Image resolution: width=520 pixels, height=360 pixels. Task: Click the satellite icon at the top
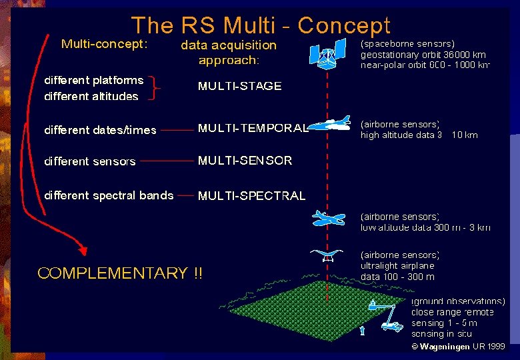[x=328, y=53]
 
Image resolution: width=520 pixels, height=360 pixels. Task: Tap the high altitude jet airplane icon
[x=331, y=125]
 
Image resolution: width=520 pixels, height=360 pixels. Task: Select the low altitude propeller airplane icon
[x=329, y=218]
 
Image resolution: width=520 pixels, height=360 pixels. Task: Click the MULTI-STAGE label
[x=239, y=86]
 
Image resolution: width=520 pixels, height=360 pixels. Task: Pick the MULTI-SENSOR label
[x=245, y=161]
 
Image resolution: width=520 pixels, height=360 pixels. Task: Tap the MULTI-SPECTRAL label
[x=251, y=196]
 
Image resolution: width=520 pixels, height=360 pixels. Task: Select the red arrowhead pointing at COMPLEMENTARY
[x=82, y=250]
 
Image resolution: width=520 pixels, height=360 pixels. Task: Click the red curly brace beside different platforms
[x=157, y=87]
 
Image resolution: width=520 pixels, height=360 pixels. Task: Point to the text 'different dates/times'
[x=100, y=130]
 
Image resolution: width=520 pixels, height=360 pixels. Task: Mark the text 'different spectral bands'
[x=109, y=195]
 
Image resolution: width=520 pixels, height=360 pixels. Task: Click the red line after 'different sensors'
[x=167, y=161]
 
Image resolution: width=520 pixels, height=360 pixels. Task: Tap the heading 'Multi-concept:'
[x=103, y=44]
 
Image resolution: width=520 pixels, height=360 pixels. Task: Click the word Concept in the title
[x=343, y=25]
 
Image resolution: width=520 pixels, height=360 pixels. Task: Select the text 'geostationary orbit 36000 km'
[x=423, y=55]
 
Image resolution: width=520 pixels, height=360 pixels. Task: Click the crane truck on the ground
[x=385, y=315]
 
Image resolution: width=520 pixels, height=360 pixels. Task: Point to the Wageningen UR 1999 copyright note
[x=458, y=347]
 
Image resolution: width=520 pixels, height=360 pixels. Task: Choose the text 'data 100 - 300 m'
[x=397, y=277]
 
